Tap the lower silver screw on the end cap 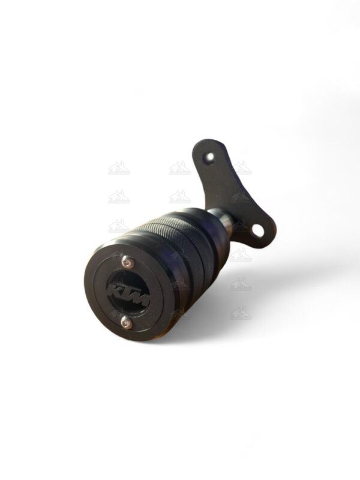pos(124,323)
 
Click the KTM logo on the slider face pos(127,293)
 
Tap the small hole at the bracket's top pos(209,157)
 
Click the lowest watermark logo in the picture pos(240,313)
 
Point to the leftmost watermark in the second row pos(119,197)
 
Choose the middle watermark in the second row pos(179,197)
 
